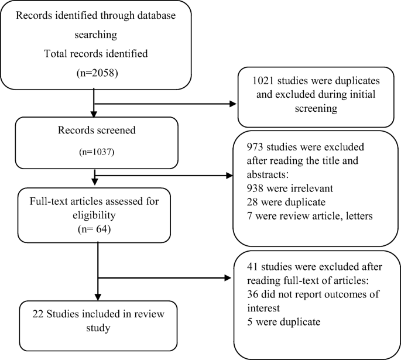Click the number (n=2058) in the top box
point(95,75)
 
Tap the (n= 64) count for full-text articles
point(95,223)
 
